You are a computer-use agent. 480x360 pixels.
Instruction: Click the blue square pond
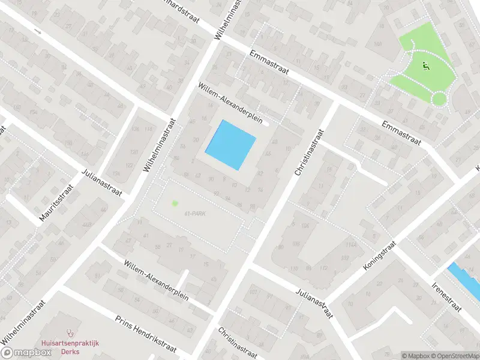pyautogui.click(x=231, y=145)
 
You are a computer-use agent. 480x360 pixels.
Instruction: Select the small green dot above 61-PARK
pyautogui.click(x=175, y=203)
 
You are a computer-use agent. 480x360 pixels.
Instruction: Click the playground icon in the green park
pyautogui.click(x=427, y=66)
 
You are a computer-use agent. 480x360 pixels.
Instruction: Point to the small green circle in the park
pyautogui.click(x=440, y=98)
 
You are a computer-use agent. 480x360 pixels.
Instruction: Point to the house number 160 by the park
pyautogui.click(x=377, y=44)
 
